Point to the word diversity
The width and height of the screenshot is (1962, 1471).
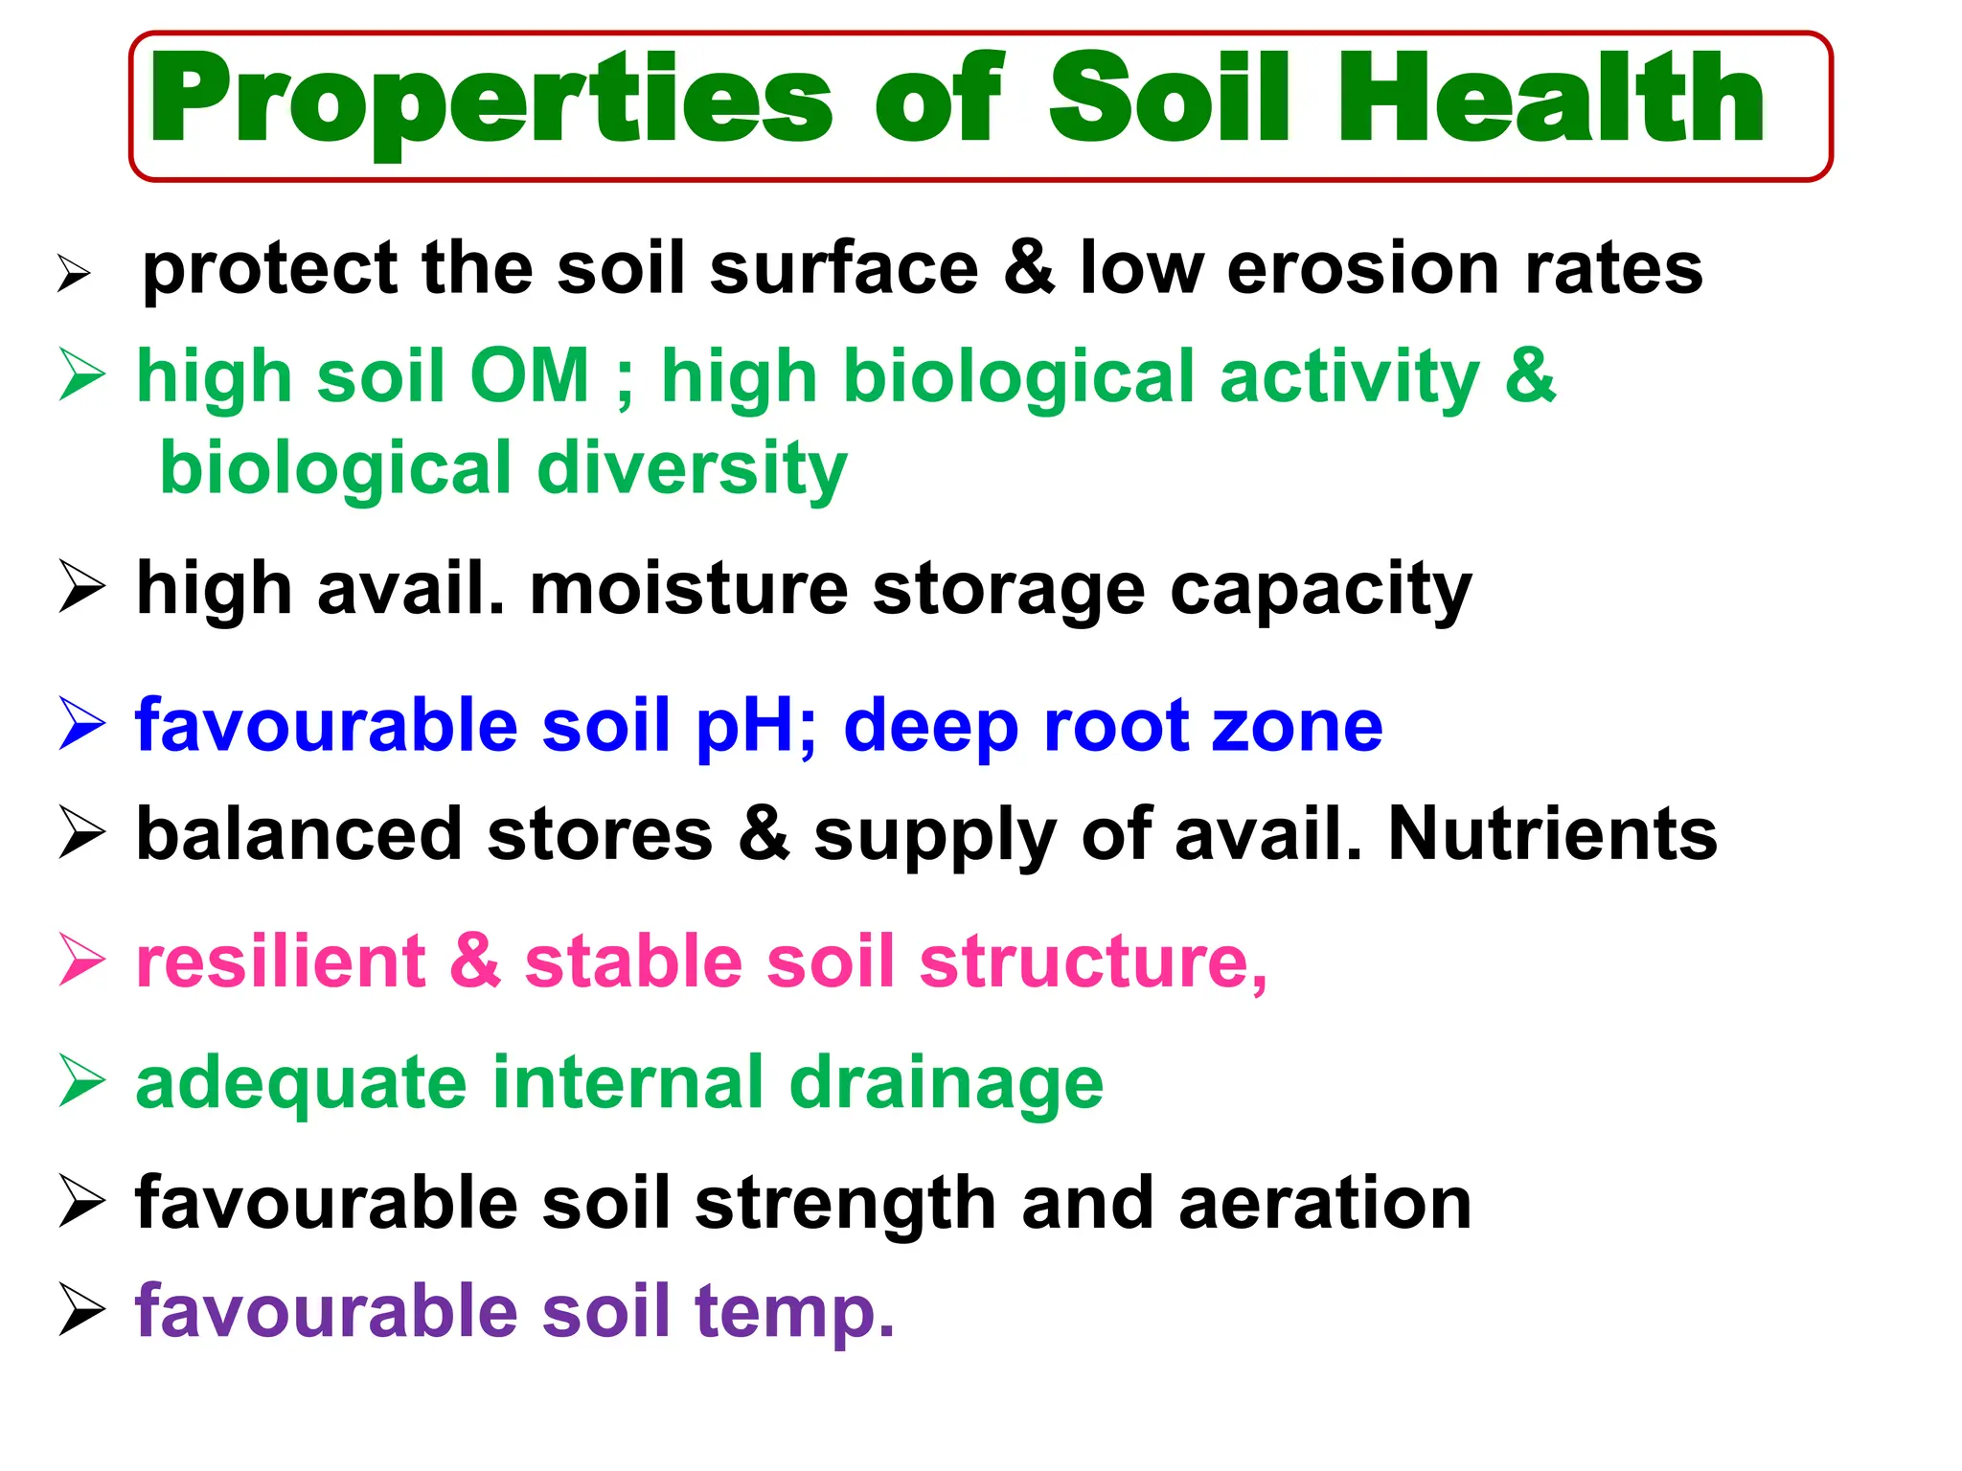pos(693,469)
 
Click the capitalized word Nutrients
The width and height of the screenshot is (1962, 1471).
pos(1552,834)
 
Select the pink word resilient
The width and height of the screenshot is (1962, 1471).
pos(281,962)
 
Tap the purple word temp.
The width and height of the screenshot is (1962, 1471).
pos(794,1311)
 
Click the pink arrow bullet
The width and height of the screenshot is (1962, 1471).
pos(81,960)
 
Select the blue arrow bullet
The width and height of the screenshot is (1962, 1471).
pos(81,724)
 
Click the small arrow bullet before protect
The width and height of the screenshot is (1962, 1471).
pos(74,274)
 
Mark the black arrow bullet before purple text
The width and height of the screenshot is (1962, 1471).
pos(81,1309)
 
